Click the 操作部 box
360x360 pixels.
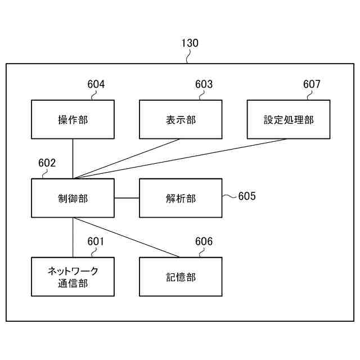pyautogui.click(x=73, y=119)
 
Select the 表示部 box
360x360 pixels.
pyautogui.click(x=181, y=119)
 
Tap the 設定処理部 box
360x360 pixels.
pyautogui.click(x=289, y=119)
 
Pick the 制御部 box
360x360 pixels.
pyautogui.click(x=73, y=198)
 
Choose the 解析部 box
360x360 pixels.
pyautogui.click(x=181, y=198)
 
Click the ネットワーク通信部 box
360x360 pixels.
pyautogui.click(x=73, y=277)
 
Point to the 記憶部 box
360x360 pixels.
pyautogui.click(x=181, y=277)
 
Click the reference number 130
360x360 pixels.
pyautogui.click(x=190, y=43)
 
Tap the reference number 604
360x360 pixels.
pyautogui.click(x=96, y=84)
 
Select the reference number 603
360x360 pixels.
pyautogui.click(x=204, y=84)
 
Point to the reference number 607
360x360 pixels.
pyautogui.click(x=312, y=84)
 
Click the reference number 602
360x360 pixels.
pyautogui.click(x=47, y=163)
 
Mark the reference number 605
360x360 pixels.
pyautogui.click(x=246, y=196)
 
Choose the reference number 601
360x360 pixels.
pyautogui.click(x=96, y=242)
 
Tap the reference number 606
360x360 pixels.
pyautogui.click(x=204, y=242)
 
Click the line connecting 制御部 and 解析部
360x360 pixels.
pyautogui.click(x=127, y=198)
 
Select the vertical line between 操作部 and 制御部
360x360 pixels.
pyautogui.click(x=73, y=159)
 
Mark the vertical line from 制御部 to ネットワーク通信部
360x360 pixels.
pyautogui.click(x=73, y=237)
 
